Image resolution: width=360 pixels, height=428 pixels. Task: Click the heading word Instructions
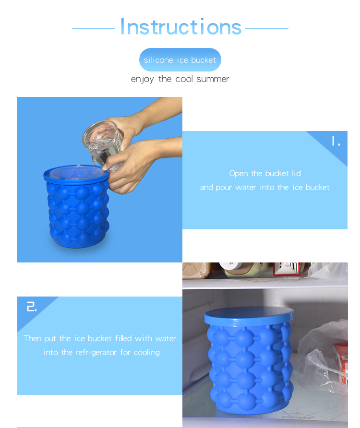180,27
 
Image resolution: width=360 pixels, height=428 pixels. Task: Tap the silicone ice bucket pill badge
180,60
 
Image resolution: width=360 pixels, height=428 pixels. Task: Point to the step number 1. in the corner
336,142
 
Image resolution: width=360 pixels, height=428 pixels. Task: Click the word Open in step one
239,173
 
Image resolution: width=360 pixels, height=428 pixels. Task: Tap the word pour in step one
223,188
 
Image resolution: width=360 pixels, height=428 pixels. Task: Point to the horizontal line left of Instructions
93,29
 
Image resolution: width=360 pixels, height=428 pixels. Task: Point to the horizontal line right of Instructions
267,29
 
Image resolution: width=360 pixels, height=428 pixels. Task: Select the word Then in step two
33,338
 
